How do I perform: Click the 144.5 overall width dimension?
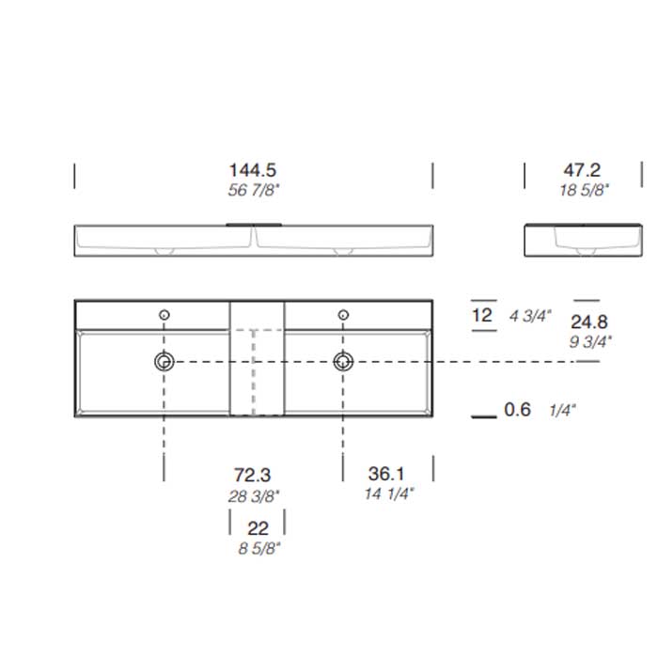point(252,170)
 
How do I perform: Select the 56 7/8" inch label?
point(252,190)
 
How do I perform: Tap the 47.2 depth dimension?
point(582,170)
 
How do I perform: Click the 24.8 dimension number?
point(588,322)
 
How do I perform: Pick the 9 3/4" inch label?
point(588,341)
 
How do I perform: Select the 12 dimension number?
point(482,315)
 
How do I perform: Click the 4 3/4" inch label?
point(531,316)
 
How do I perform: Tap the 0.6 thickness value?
point(518,410)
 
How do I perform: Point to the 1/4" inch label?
point(563,410)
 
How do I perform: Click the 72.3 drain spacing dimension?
point(252,476)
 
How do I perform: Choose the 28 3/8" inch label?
point(252,494)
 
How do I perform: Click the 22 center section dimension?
point(258,529)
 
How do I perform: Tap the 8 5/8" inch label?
point(258,548)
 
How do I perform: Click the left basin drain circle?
point(164,361)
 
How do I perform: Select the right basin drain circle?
point(343,361)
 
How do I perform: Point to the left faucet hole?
point(164,314)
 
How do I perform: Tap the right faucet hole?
point(343,314)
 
